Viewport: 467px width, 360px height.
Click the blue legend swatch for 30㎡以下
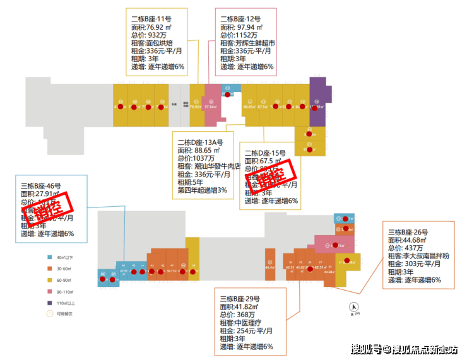point(50,258)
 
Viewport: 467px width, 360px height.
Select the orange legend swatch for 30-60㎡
point(50,269)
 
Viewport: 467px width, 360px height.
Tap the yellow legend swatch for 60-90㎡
point(50,279)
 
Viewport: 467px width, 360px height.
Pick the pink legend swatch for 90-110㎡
point(50,291)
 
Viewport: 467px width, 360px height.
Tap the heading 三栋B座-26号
point(408,231)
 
